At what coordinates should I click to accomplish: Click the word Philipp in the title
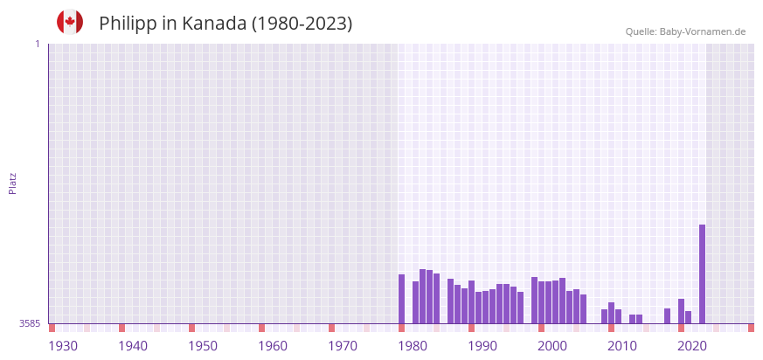(127, 24)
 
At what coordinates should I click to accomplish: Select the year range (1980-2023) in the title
(302, 24)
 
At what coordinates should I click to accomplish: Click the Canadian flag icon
(70, 23)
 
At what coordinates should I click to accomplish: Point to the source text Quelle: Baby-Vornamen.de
(685, 31)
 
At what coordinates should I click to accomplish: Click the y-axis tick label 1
(37, 44)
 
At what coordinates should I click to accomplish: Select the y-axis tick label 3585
(30, 323)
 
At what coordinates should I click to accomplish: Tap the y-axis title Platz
(13, 183)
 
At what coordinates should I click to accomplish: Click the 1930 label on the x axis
(63, 346)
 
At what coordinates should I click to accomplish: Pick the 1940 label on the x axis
(133, 346)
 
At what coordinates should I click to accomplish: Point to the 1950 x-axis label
(203, 346)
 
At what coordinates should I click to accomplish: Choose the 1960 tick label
(273, 346)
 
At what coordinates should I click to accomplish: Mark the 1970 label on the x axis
(343, 346)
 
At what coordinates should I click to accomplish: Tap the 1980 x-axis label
(413, 346)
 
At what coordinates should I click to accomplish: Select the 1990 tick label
(482, 346)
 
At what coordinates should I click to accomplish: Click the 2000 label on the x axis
(552, 346)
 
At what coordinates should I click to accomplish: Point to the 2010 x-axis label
(622, 346)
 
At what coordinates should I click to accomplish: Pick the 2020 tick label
(692, 346)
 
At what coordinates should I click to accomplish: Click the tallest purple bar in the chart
(702, 273)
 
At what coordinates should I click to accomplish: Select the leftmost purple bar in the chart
(401, 299)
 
